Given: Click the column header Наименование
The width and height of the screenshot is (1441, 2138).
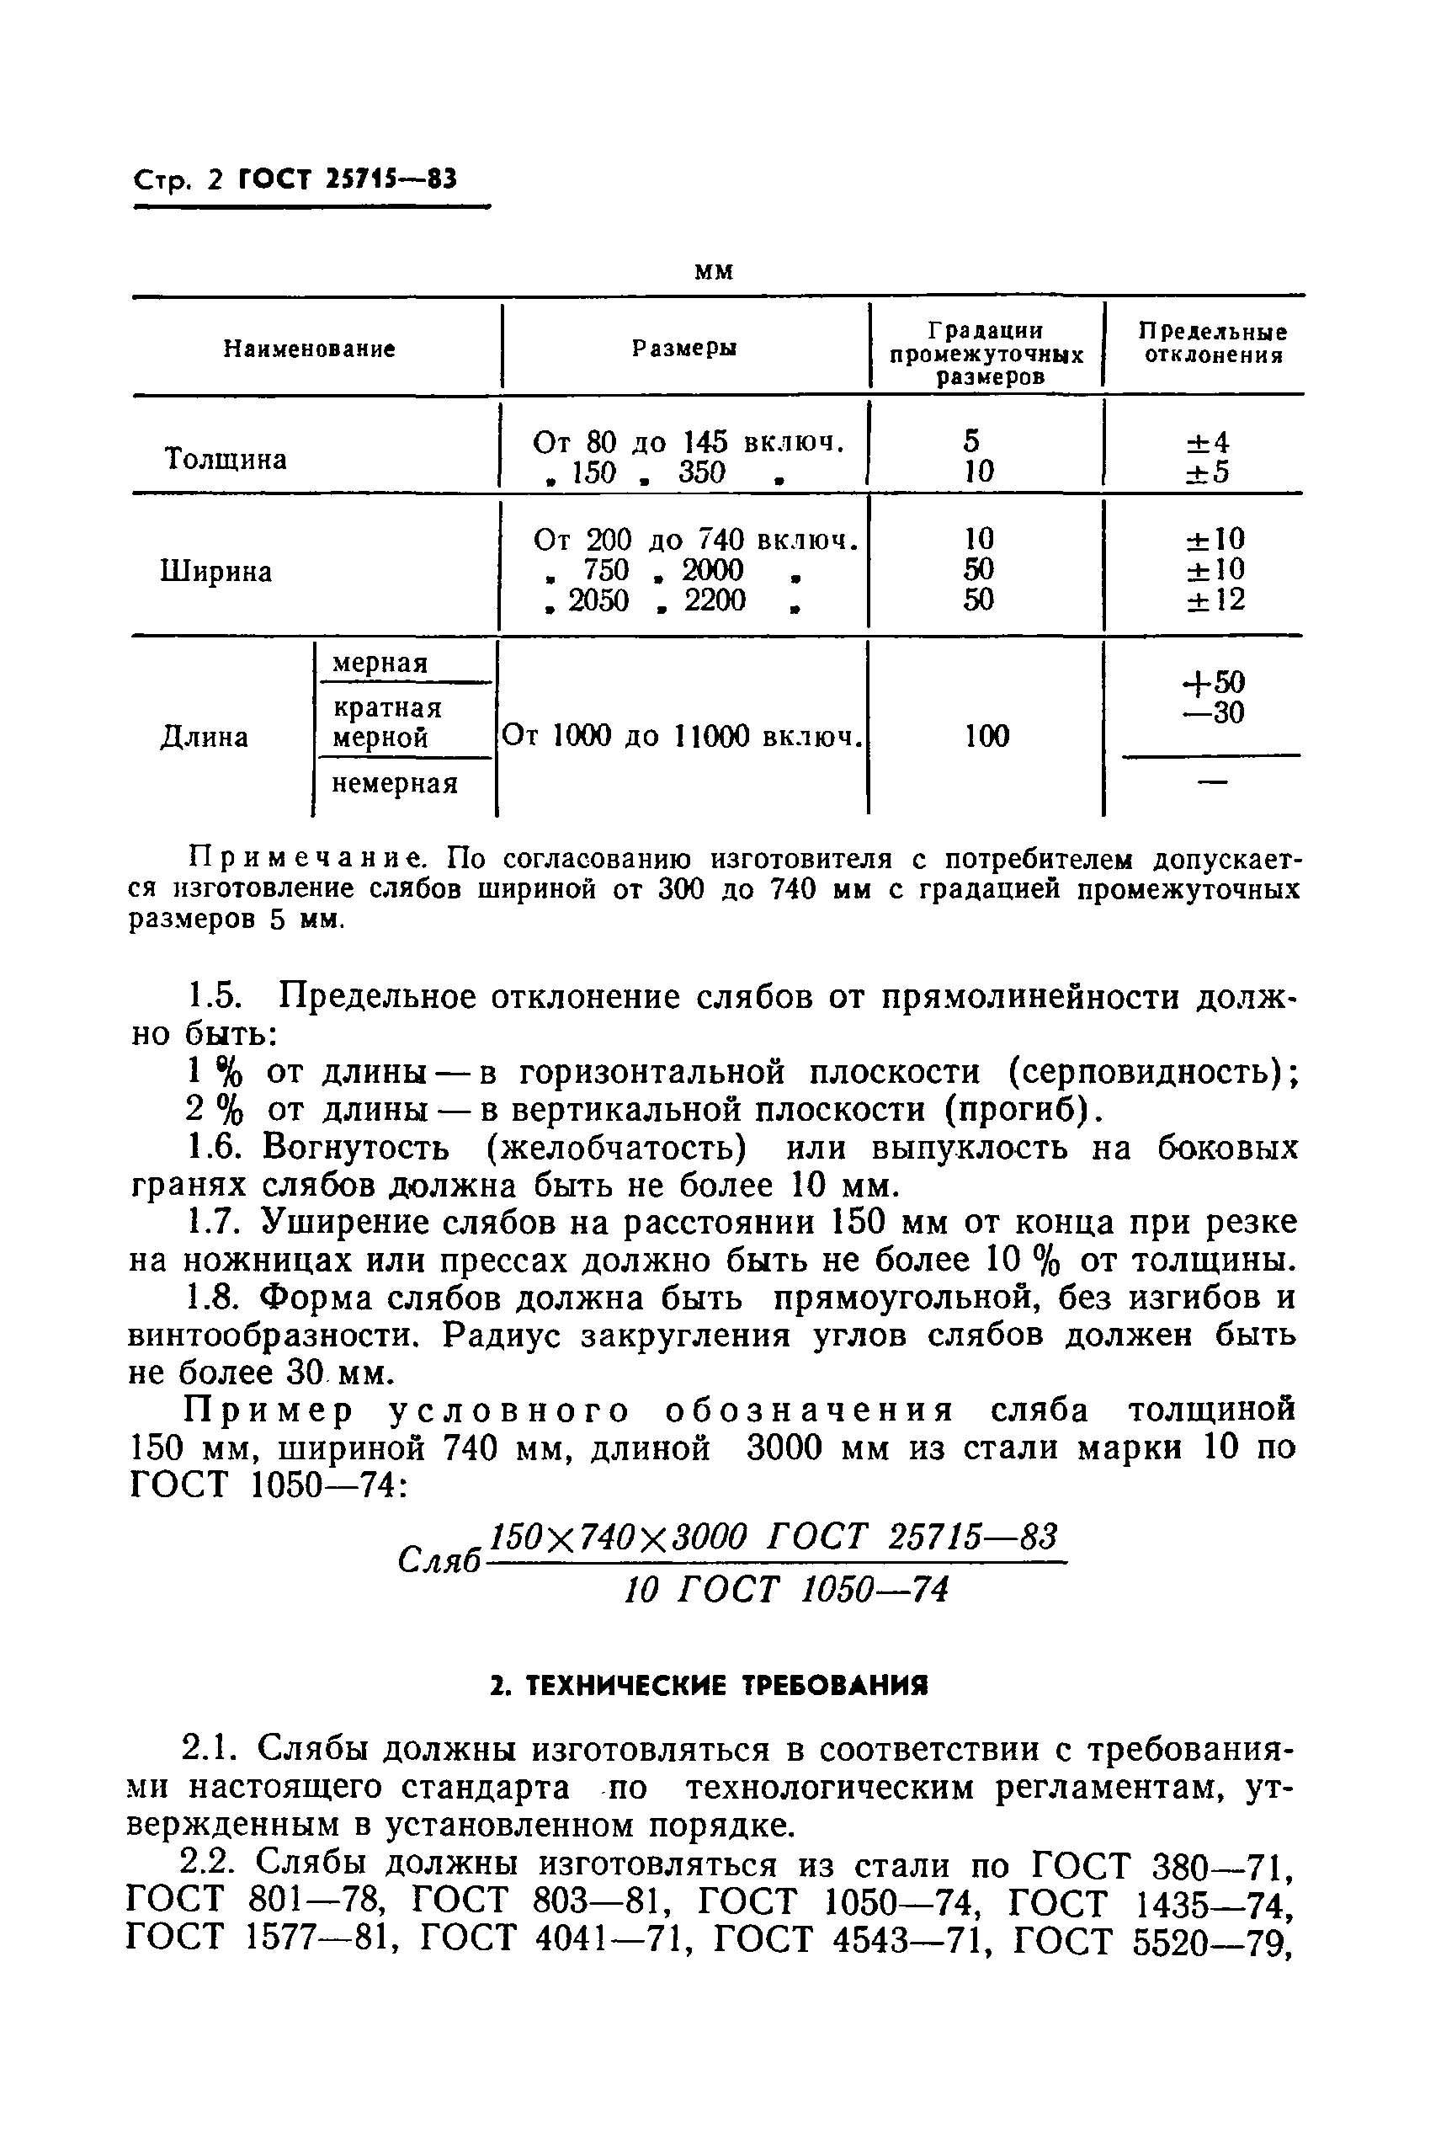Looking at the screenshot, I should pyautogui.click(x=310, y=349).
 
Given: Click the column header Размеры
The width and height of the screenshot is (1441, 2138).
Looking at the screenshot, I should pyautogui.click(x=684, y=349).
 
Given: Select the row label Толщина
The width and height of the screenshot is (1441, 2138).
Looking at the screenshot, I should pyautogui.click(x=226, y=459).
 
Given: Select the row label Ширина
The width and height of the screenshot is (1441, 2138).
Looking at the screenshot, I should pyautogui.click(x=216, y=572).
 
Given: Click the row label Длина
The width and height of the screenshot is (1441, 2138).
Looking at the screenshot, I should pyautogui.click(x=204, y=737).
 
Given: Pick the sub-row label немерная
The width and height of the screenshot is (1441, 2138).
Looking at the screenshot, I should pyautogui.click(x=394, y=784).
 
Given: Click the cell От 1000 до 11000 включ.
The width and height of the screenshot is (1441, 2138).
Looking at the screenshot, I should pyautogui.click(x=681, y=737).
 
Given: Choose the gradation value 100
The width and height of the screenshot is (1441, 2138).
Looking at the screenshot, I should pyautogui.click(x=987, y=736).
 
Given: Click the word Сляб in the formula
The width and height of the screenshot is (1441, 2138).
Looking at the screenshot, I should pyautogui.click(x=440, y=1558).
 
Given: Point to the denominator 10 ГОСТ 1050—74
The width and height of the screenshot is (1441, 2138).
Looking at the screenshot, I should pyautogui.click(x=786, y=1589).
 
